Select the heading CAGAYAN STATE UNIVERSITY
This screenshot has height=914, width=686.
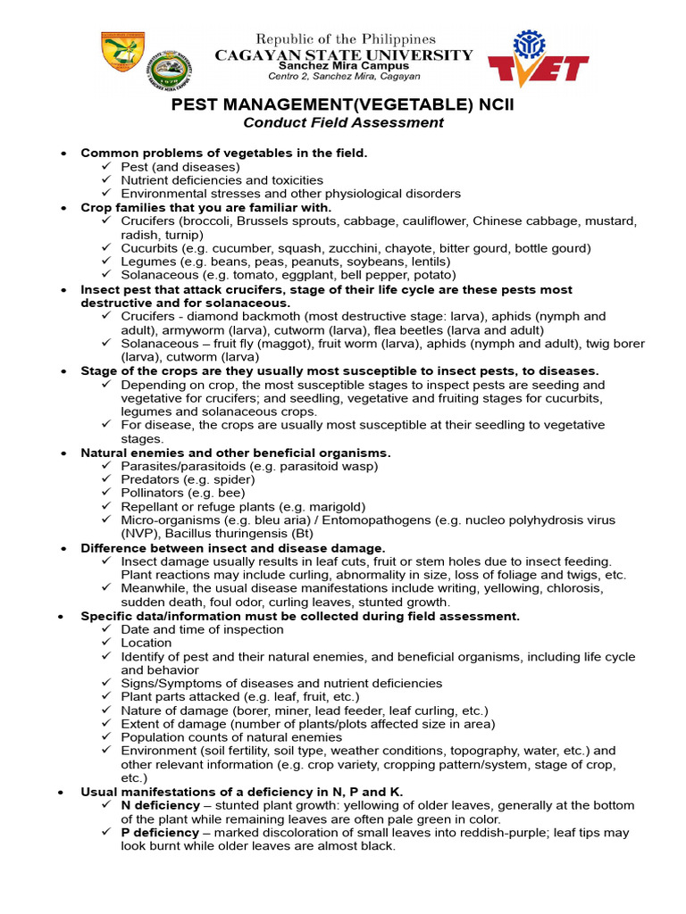(x=344, y=54)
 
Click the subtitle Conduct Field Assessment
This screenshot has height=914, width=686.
(x=344, y=123)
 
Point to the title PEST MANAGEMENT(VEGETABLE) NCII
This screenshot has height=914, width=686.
(x=343, y=105)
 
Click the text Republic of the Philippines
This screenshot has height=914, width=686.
(x=346, y=39)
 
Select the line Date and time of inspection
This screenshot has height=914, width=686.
(x=202, y=629)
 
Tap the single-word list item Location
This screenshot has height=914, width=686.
(x=146, y=643)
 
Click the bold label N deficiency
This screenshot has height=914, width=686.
(x=160, y=805)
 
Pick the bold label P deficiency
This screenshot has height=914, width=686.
(x=160, y=832)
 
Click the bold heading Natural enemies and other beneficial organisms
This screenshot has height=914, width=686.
(x=236, y=453)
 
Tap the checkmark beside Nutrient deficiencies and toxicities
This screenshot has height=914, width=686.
(x=106, y=179)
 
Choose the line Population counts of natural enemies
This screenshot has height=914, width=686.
(x=231, y=737)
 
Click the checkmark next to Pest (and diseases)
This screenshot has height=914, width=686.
(x=106, y=166)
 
